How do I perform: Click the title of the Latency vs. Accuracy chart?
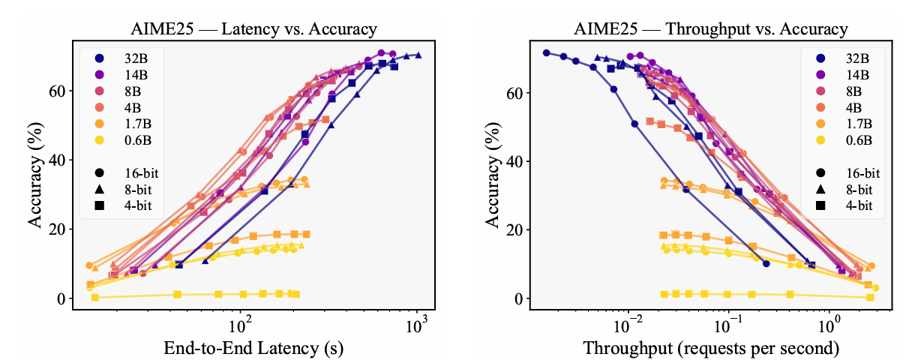pyautogui.click(x=251, y=29)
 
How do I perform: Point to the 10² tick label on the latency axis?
pyautogui.click(x=240, y=327)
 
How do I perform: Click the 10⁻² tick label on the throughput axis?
pyautogui.click(x=625, y=327)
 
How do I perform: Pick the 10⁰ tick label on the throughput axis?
pyautogui.click(x=829, y=327)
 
